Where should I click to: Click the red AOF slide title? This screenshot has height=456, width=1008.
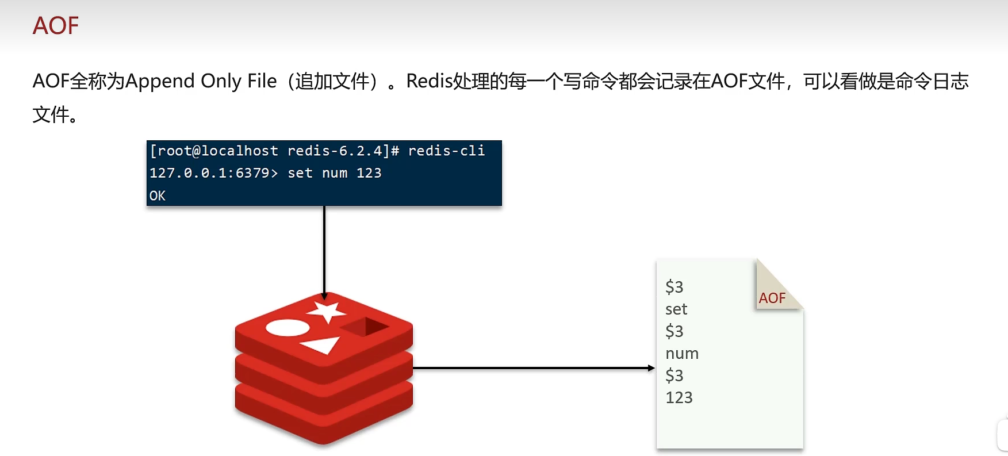coord(55,26)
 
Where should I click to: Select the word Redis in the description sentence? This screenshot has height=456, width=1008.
coord(429,81)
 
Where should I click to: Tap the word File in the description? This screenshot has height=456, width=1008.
coord(262,81)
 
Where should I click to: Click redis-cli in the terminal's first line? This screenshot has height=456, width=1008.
coord(446,151)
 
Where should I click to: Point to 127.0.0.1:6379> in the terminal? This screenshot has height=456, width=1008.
coord(213,173)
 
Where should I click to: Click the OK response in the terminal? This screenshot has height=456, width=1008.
coord(157,196)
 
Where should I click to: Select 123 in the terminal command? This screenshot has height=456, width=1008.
coord(369,173)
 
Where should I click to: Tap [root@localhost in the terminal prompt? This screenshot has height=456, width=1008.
coord(213,151)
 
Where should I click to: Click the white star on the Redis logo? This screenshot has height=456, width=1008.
coord(327,311)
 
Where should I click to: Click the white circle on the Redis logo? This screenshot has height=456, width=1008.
coord(288,328)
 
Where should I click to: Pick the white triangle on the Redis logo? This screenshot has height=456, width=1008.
coord(322,345)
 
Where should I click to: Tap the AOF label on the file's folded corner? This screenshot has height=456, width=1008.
coord(772,298)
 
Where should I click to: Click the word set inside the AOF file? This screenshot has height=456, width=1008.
coord(676,309)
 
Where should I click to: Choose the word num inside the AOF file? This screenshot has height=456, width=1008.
coord(682,354)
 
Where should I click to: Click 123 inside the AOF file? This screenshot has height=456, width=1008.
coord(679,397)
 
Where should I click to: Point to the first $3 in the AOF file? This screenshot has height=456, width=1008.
coord(674,287)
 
